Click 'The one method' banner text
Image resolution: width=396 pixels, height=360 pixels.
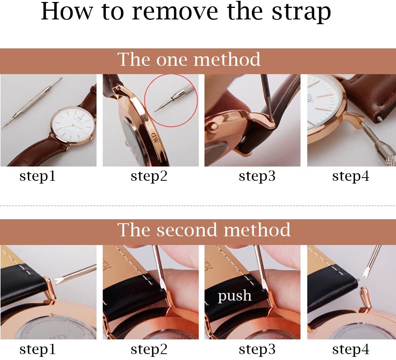[x=189, y=60]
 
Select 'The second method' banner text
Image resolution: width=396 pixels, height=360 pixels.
[x=204, y=230]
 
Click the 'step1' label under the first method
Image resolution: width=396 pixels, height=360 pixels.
[x=38, y=176]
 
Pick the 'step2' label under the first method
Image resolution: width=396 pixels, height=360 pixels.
[x=149, y=176]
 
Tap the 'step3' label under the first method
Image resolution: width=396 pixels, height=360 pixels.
[x=257, y=176]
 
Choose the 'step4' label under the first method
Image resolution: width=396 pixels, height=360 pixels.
[x=350, y=176]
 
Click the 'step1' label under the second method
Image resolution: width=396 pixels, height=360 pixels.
[x=38, y=349]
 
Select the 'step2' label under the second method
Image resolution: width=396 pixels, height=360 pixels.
[x=149, y=349]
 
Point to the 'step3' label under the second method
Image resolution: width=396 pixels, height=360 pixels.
[x=257, y=349]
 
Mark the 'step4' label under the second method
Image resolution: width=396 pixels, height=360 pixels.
[x=350, y=349]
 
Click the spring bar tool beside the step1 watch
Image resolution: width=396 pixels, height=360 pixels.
[x=32, y=103]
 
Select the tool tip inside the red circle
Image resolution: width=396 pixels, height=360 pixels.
[x=162, y=106]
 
